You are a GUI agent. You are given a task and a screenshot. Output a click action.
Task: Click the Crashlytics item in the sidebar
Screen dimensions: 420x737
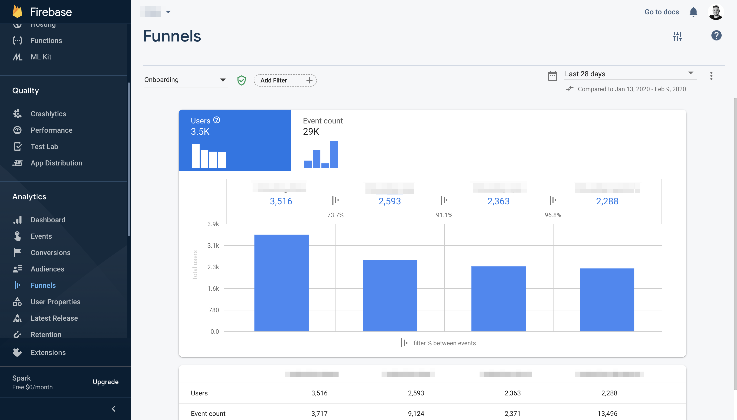[48, 114]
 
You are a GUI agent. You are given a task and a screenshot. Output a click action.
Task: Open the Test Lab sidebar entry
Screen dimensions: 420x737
[44, 146]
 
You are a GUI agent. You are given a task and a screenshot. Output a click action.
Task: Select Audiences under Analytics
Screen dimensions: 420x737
[47, 269]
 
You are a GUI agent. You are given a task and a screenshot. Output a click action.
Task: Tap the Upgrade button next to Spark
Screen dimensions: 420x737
[105, 382]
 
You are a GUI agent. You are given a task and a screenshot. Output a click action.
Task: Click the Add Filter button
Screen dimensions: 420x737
[285, 80]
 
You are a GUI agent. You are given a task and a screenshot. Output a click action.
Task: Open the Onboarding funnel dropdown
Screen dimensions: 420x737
[185, 80]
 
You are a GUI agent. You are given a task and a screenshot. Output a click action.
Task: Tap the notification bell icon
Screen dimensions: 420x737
[693, 12]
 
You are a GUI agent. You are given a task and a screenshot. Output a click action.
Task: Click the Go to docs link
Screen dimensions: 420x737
[662, 12]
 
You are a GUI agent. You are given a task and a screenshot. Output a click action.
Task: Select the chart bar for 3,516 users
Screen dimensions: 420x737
[281, 283]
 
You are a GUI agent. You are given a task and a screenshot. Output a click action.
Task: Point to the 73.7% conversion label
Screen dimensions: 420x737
[335, 215]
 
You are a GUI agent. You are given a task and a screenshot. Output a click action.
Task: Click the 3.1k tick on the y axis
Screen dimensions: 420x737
[213, 246]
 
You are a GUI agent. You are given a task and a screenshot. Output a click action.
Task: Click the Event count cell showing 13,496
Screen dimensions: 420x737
[607, 413]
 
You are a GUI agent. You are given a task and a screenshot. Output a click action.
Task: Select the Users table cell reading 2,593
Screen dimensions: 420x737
[416, 393]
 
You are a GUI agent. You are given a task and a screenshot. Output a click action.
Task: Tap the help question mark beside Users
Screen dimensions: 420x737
[217, 120]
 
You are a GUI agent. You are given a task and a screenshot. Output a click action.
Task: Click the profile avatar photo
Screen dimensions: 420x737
[716, 12]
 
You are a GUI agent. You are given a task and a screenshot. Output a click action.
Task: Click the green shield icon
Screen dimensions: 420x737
[241, 80]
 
